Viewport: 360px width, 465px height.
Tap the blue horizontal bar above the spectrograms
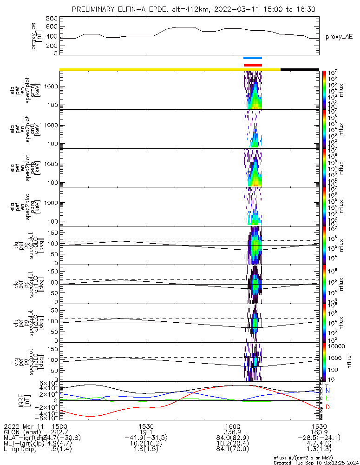(253, 58)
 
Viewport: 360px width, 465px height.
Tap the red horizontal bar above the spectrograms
(253, 65)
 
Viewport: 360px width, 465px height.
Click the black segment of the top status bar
(300, 69)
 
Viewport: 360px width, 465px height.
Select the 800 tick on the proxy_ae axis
(52, 18)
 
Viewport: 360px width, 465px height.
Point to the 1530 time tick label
(146, 426)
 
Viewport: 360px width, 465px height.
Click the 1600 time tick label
(233, 426)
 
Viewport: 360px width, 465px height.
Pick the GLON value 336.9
(233, 432)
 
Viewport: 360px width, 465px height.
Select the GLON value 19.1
(146, 432)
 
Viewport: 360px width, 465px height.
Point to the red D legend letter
(328, 407)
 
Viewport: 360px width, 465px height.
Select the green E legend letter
(328, 399)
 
